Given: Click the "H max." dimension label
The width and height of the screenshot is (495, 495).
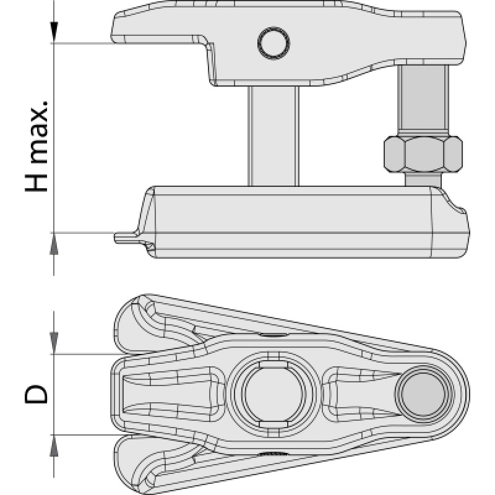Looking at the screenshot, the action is (x=37, y=147).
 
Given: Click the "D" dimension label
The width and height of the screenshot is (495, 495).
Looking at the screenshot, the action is (x=36, y=394).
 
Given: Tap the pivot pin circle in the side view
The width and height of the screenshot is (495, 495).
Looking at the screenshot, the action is (x=273, y=43).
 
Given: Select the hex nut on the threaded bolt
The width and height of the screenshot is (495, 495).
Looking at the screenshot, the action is (x=423, y=154).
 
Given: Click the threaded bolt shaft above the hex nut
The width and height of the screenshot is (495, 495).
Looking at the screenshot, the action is (x=423, y=100).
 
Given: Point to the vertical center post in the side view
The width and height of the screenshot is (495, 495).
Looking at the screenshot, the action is (x=273, y=136).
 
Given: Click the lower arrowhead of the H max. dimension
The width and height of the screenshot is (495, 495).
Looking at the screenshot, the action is (x=54, y=244).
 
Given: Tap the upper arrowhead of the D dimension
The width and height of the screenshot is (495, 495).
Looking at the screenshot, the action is (x=54, y=343).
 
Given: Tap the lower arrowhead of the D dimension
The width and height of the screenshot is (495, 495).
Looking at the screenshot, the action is (x=54, y=445).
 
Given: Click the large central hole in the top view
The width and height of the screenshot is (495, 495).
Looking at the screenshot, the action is (x=273, y=394).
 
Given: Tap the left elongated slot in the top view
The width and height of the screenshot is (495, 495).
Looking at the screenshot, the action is (x=171, y=394).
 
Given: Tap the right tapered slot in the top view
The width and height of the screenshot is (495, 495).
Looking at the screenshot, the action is (x=360, y=394).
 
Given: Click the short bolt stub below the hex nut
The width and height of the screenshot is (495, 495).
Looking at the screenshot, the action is (x=423, y=180).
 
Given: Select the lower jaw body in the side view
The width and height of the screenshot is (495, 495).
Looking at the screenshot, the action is (x=303, y=222).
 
